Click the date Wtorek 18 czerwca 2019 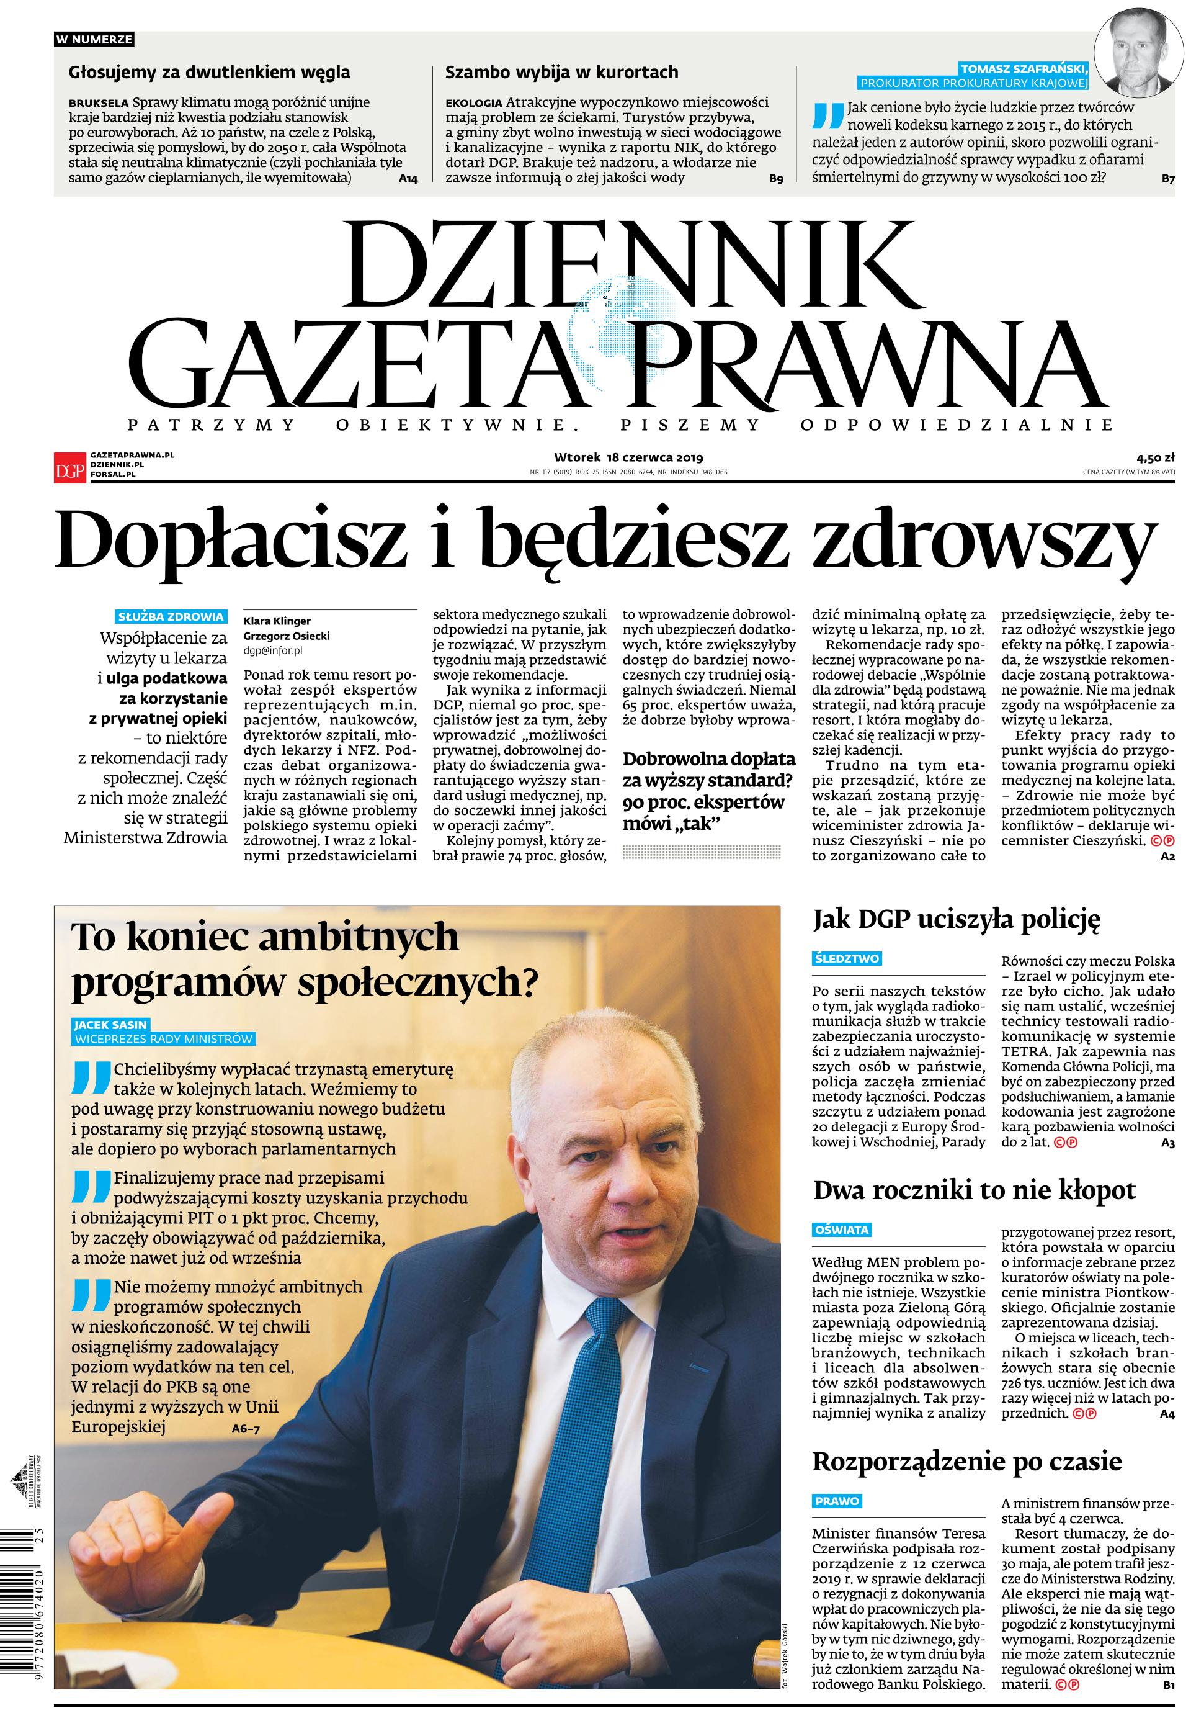click(x=628, y=457)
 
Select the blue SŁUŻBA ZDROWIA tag click(x=171, y=616)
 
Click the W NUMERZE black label click(x=94, y=40)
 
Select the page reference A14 click(x=408, y=178)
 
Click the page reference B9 click(x=775, y=178)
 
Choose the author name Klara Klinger click(x=277, y=621)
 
